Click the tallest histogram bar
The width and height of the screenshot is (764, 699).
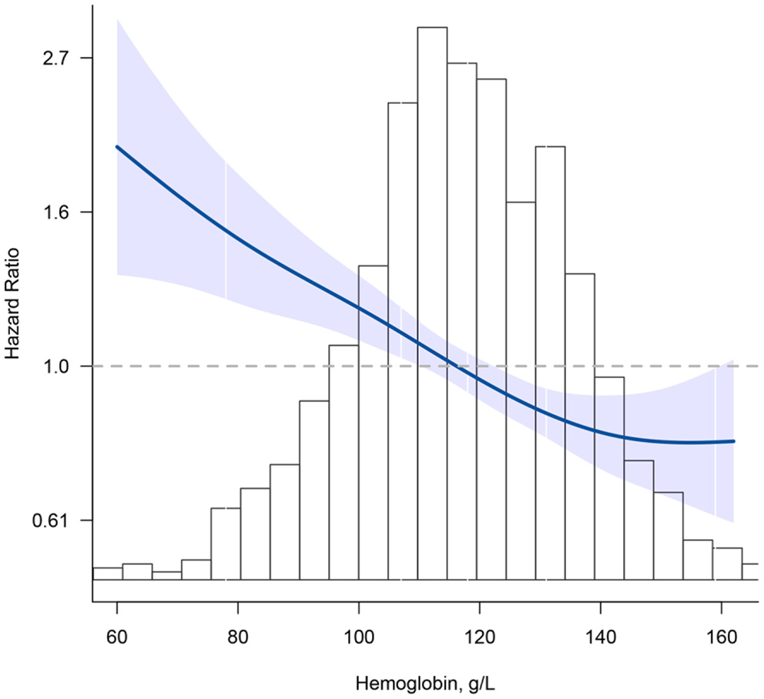pos(432,308)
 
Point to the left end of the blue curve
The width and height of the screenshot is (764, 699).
pos(117,146)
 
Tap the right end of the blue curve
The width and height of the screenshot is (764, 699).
pos(734,441)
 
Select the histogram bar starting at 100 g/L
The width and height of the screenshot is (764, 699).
pos(373,423)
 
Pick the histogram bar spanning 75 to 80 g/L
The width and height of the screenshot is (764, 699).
pos(226,543)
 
